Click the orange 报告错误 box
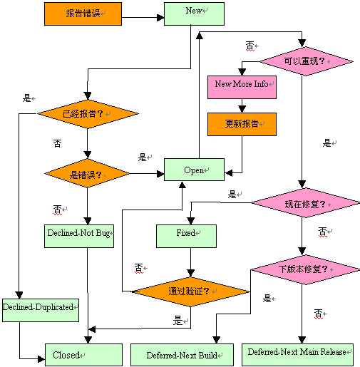click(83, 13)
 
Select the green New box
click(195, 12)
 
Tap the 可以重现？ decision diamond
click(306, 61)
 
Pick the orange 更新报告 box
click(242, 124)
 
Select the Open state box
click(195, 170)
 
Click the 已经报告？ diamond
click(87, 113)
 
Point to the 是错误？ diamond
click(87, 173)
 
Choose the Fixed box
click(187, 234)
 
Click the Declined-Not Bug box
click(78, 234)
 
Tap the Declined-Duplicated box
click(39, 306)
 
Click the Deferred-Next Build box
click(182, 354)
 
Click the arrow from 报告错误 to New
click(143, 13)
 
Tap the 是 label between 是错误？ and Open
click(142, 157)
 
